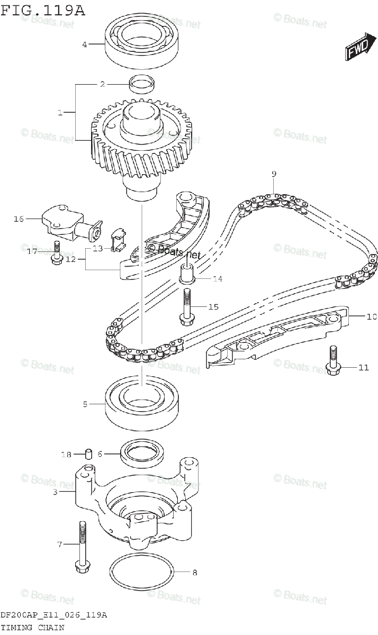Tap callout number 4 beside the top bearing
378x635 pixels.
[x=84, y=44]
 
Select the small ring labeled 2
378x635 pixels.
[x=142, y=84]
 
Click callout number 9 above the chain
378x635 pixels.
[x=274, y=174]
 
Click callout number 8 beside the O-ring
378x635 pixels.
[x=195, y=572]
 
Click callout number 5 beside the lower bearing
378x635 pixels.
[x=85, y=405]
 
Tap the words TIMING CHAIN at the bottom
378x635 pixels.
[x=32, y=628]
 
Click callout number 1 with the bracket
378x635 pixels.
[x=60, y=112]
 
